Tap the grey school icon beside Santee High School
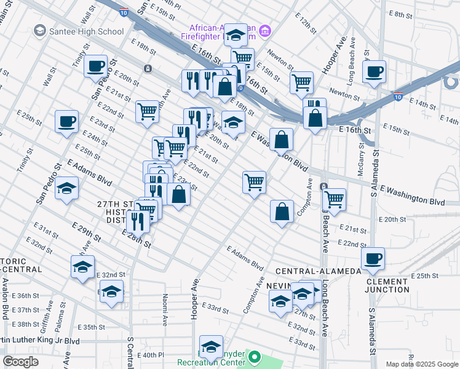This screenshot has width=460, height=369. [40, 30]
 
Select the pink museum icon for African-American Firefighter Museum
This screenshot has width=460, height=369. [265, 30]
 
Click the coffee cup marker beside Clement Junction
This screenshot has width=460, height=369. [373, 258]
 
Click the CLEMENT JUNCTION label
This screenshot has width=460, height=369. [387, 285]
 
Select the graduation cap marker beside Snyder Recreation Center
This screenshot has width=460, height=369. [211, 346]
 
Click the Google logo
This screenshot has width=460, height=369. [20, 362]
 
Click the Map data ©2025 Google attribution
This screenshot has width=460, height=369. [422, 364]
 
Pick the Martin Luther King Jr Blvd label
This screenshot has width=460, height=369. [43, 340]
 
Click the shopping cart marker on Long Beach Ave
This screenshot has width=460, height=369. [334, 199]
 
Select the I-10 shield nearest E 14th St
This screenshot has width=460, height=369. [398, 97]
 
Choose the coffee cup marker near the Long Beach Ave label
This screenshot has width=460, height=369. [374, 71]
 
